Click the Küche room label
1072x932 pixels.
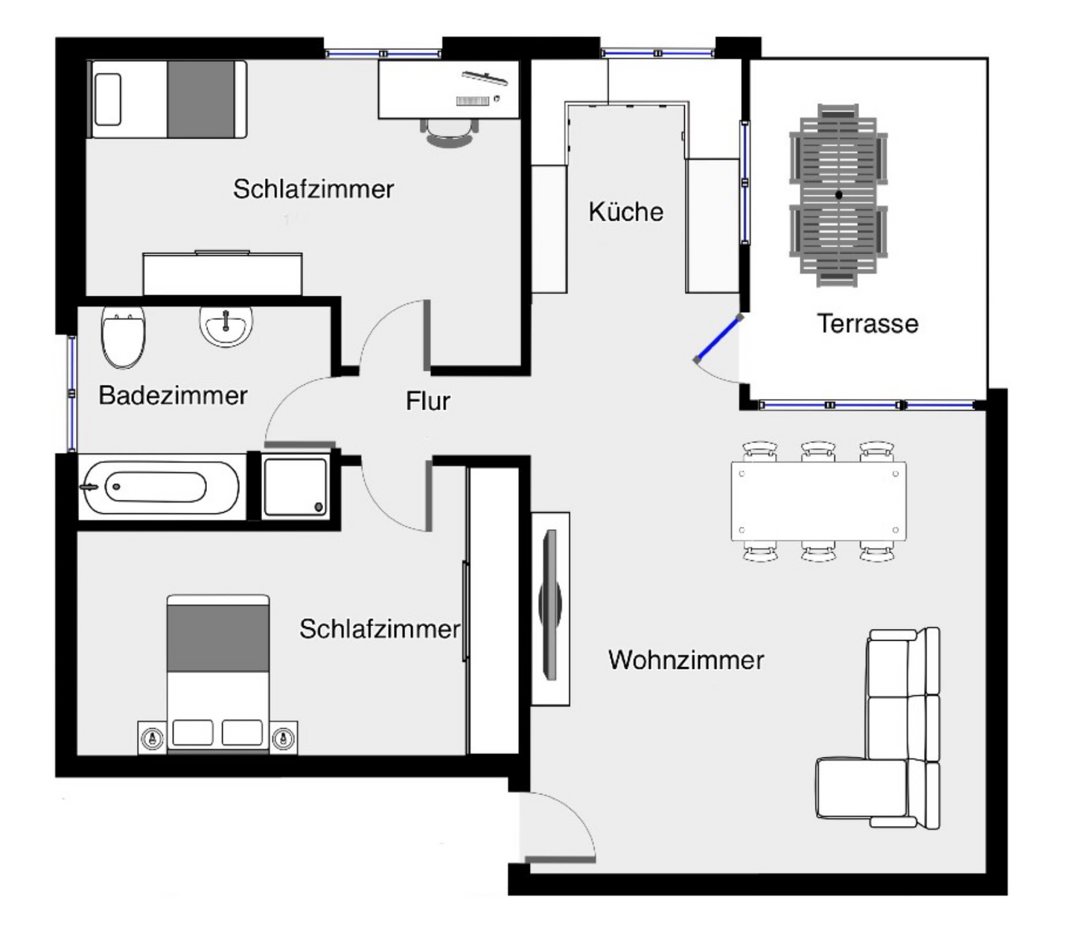click(x=625, y=212)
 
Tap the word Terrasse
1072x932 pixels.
click(x=867, y=324)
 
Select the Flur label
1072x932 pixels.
click(x=427, y=401)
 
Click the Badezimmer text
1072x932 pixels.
click(x=173, y=395)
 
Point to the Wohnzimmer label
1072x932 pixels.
click(x=686, y=660)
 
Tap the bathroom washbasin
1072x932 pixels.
click(x=226, y=326)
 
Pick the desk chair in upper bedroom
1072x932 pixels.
click(x=450, y=134)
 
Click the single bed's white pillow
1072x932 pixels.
click(x=108, y=99)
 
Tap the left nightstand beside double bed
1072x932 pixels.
click(x=153, y=738)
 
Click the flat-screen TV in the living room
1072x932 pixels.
click(x=551, y=604)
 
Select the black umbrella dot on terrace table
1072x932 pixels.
click(x=839, y=195)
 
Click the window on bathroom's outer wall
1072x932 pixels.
click(x=72, y=393)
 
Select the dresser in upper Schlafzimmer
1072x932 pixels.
click(x=223, y=274)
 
